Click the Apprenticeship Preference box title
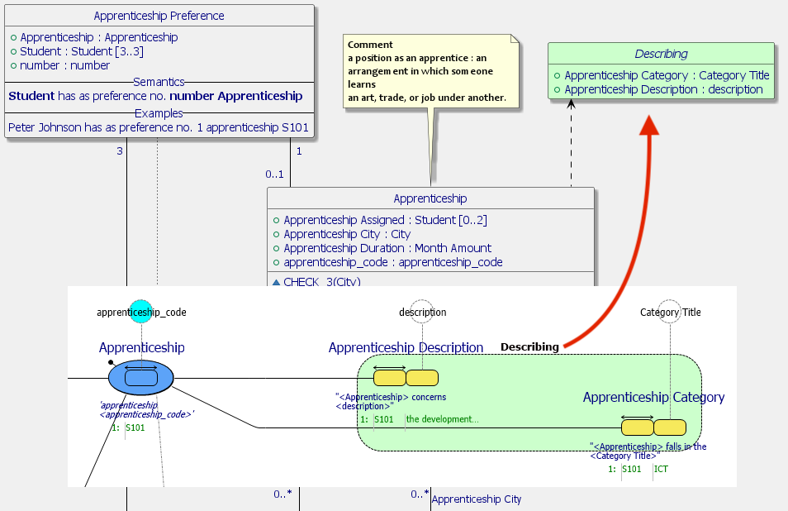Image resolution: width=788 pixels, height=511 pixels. point(159,16)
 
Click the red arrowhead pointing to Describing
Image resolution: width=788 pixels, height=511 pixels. point(650,123)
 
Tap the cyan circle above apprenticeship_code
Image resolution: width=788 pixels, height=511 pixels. point(141,311)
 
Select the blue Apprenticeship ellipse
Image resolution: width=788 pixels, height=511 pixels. point(141,378)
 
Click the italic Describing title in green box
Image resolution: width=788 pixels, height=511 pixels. point(661,54)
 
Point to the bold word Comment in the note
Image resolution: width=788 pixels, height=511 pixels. point(370,45)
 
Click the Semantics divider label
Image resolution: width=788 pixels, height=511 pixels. point(159,82)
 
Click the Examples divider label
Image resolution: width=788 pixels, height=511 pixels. point(159,112)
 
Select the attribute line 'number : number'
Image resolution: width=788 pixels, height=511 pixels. point(64,65)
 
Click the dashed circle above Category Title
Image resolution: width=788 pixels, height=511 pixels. point(670,311)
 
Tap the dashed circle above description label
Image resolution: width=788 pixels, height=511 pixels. point(421,311)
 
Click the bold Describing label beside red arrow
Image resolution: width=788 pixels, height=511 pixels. point(529,346)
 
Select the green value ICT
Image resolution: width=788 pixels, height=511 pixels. point(661,469)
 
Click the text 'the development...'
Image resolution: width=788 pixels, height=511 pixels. point(442,419)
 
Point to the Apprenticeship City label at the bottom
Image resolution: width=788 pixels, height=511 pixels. point(477,499)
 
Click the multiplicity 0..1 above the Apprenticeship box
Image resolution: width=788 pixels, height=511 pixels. point(274,174)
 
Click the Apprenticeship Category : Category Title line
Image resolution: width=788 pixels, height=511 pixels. point(667,75)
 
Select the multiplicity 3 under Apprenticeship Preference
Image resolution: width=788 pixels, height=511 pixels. point(120,151)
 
